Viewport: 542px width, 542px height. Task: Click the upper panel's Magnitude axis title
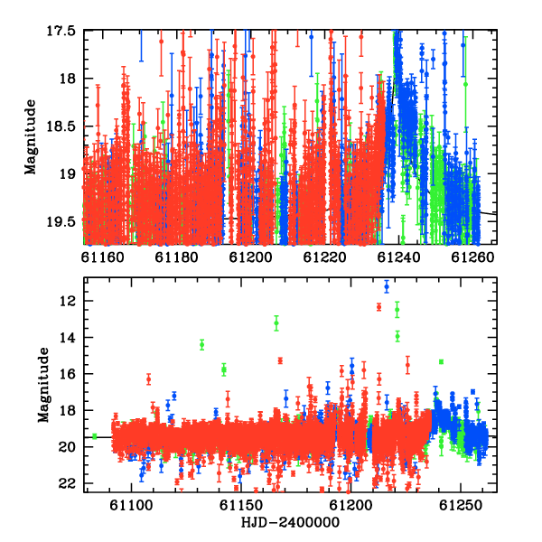[30, 137]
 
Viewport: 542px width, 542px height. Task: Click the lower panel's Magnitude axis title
[43, 385]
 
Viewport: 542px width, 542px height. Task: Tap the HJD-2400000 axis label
[290, 522]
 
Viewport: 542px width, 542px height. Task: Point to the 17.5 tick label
[61, 31]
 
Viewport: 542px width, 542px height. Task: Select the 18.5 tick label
[61, 126]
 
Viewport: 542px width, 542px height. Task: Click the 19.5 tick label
[61, 222]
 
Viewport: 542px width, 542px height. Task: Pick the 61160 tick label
[102, 257]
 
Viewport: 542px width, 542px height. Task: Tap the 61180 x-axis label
[177, 257]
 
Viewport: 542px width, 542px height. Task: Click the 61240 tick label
[398, 257]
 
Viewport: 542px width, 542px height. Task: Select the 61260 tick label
[472, 257]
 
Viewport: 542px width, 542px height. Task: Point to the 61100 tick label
[131, 505]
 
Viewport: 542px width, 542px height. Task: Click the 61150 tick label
[241, 505]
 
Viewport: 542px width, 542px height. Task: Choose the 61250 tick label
[461, 505]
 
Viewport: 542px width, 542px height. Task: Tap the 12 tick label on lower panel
[68, 301]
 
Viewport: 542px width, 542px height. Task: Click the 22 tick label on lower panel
[68, 483]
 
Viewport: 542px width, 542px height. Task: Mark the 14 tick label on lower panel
[68, 337]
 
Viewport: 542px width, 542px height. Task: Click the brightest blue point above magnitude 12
[387, 286]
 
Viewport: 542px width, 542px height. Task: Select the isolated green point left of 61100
[94, 436]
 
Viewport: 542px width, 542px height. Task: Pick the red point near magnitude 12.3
[378, 307]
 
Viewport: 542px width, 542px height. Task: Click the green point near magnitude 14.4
[201, 345]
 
